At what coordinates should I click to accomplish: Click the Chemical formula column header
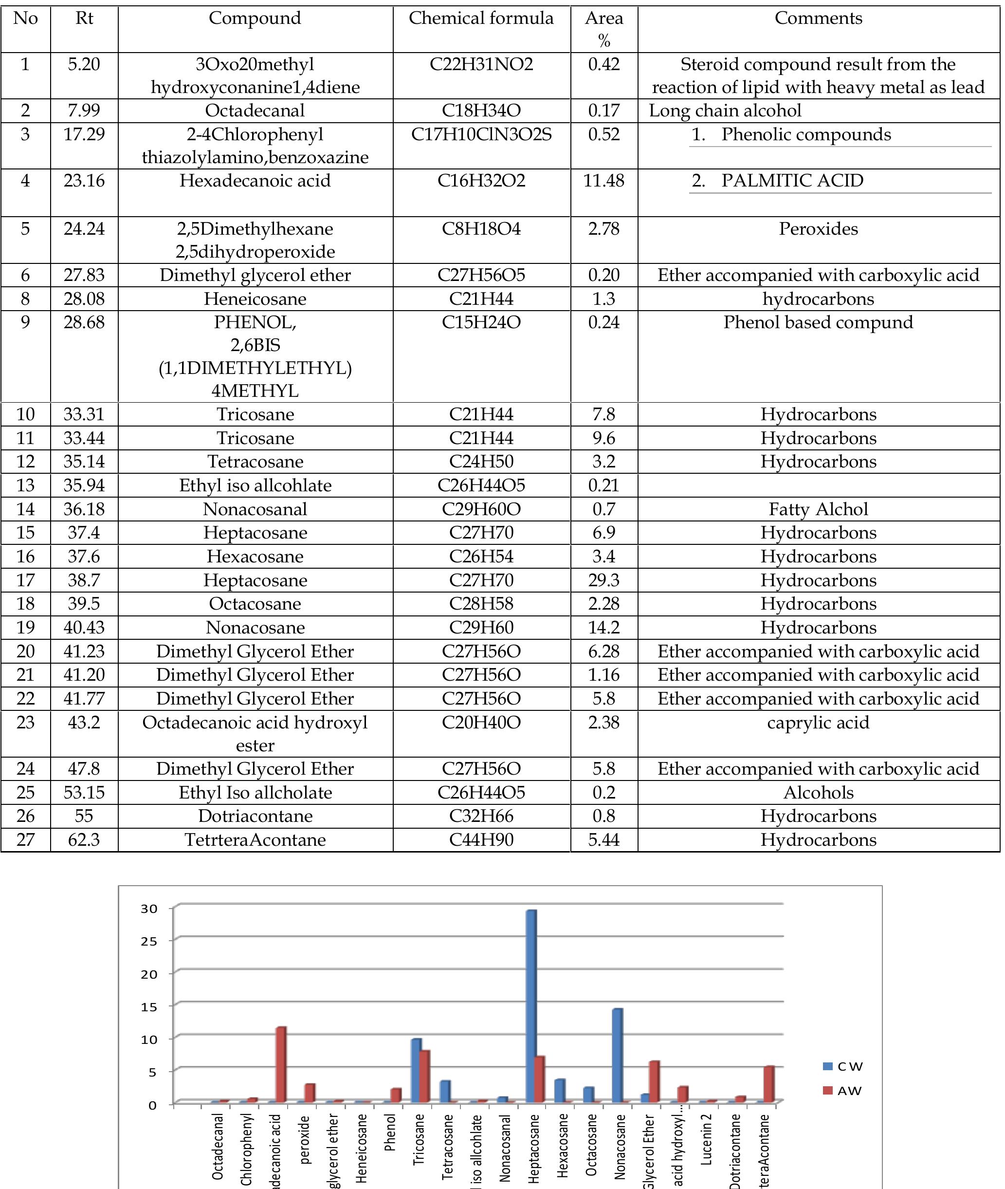[x=481, y=18]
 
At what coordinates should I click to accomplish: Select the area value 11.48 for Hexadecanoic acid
[x=603, y=181]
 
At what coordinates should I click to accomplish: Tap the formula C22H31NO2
[x=481, y=64]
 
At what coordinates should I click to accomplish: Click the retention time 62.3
[x=84, y=839]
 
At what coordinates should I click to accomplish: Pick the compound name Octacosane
[x=255, y=604]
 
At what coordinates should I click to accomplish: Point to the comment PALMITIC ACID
[x=792, y=181]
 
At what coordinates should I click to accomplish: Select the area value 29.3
[x=603, y=580]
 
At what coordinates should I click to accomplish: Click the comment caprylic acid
[x=818, y=723]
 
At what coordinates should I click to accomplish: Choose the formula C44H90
[x=481, y=839]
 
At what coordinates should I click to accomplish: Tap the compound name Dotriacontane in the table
[x=255, y=816]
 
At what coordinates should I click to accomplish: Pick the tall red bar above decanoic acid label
[x=281, y=1065]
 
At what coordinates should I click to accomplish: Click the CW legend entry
[x=843, y=1066]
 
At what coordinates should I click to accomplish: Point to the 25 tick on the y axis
[x=149, y=942]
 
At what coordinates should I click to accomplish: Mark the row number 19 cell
[x=26, y=628]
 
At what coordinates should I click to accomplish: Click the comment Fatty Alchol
[x=818, y=509]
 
